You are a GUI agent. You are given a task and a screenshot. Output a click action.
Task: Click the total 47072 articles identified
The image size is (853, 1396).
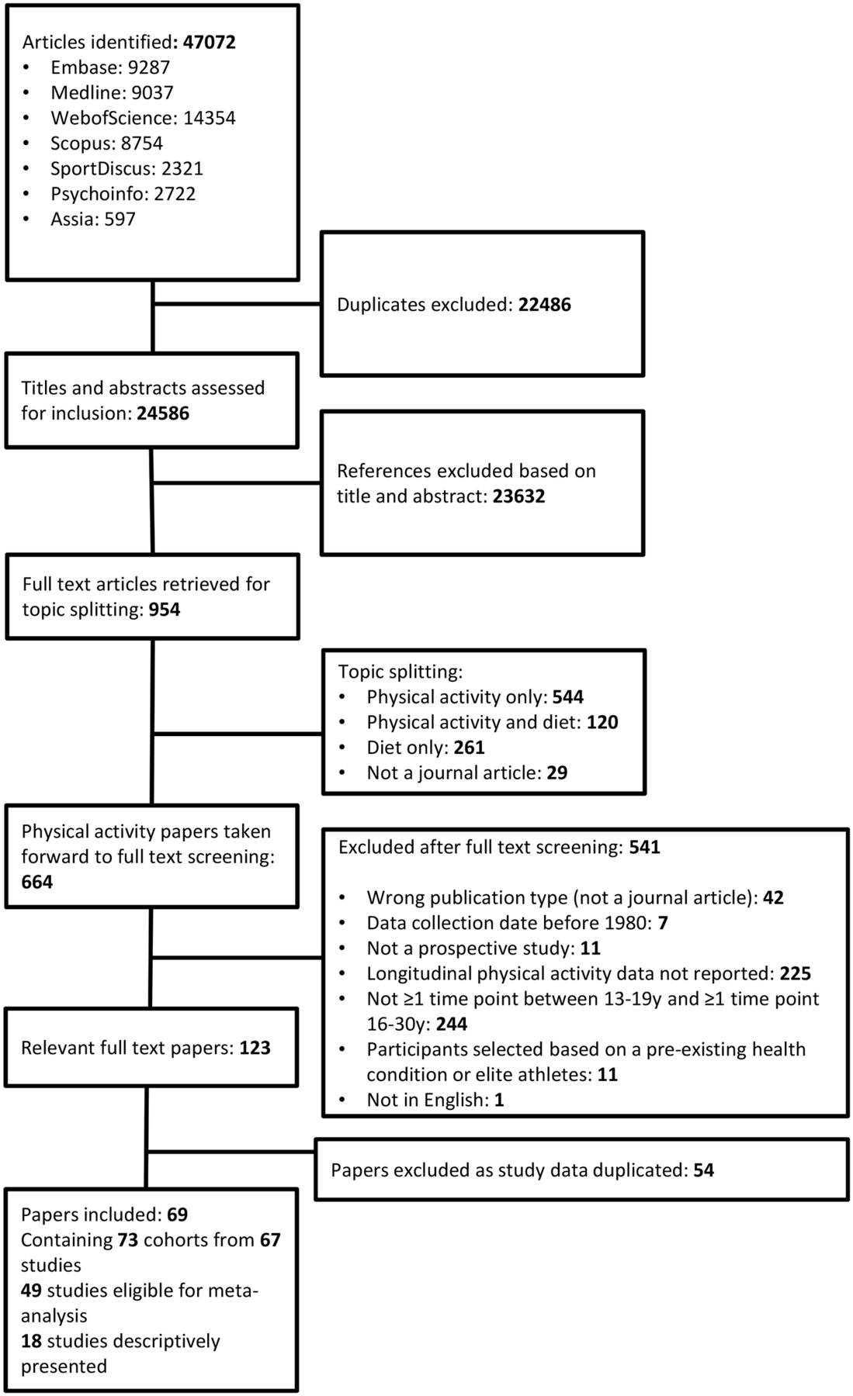tap(209, 42)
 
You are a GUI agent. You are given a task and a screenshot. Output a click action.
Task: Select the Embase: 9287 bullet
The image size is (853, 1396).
tap(110, 67)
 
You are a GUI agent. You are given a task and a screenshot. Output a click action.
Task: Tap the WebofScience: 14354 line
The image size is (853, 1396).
tap(143, 118)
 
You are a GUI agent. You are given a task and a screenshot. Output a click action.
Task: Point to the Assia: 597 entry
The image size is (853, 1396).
tap(93, 219)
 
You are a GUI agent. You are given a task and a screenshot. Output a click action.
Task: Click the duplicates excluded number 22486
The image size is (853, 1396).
tap(545, 304)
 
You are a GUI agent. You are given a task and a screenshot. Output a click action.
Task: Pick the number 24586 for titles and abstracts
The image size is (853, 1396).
tap(163, 413)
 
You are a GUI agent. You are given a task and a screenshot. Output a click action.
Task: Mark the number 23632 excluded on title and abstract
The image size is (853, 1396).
tap(518, 496)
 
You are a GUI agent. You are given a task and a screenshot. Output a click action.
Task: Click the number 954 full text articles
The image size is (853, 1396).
tap(165, 609)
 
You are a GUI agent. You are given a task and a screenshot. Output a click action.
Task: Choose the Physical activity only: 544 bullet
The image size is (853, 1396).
tap(475, 696)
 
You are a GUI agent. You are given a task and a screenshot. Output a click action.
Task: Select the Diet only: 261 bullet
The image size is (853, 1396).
tap(425, 747)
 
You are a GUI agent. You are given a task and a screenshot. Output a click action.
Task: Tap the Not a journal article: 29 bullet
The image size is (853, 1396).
tap(467, 772)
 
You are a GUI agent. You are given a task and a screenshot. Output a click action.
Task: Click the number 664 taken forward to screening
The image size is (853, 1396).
tap(37, 882)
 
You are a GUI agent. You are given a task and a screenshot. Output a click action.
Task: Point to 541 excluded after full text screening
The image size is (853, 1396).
tap(644, 847)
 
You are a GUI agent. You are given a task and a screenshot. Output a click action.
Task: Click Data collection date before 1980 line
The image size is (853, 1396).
tap(518, 922)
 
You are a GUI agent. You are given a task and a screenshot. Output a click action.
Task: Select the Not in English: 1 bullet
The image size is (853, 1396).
tap(435, 1099)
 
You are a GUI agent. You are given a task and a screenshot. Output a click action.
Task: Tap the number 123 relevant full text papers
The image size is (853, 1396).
tap(255, 1048)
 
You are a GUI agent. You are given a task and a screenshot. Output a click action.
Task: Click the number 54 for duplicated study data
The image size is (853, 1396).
tap(704, 1170)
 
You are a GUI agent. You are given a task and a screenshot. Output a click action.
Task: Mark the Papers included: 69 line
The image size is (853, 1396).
tap(105, 1214)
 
